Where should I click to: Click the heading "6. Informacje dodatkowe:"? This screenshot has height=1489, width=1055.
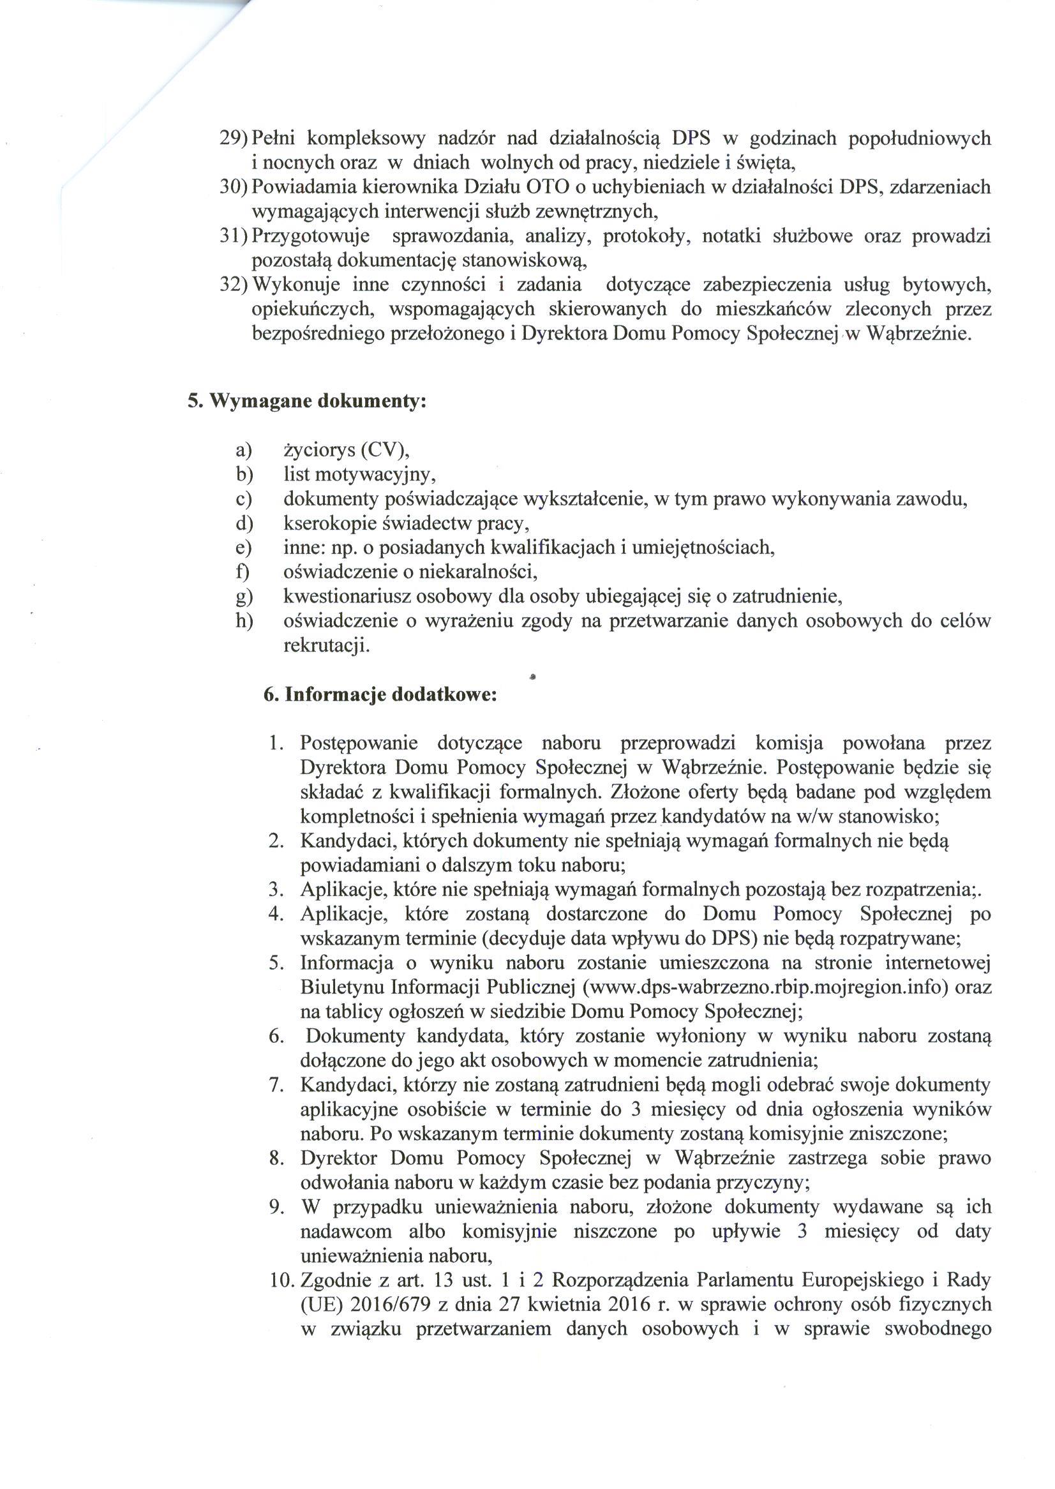(380, 694)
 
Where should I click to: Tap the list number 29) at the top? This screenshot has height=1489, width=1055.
(232, 138)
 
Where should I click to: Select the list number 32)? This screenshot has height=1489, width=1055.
(232, 285)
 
